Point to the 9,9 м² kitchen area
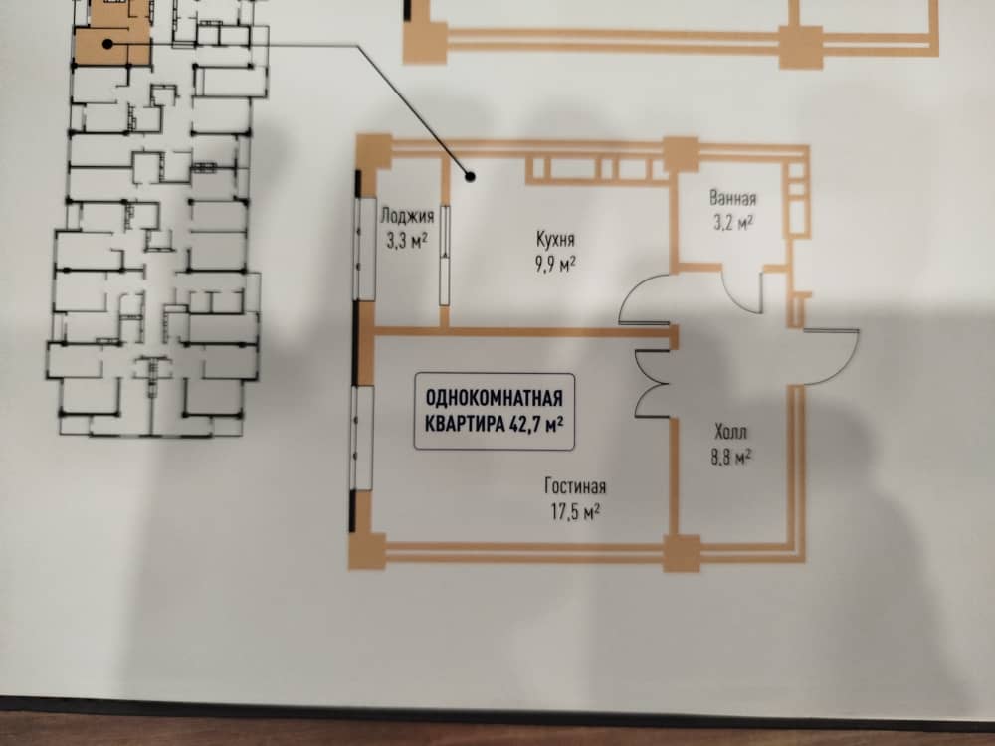coord(556,264)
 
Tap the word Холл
coord(731,432)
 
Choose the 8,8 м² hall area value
coord(731,457)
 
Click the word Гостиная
coord(575,486)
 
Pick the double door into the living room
coord(653,384)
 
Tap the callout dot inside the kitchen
coord(472,177)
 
